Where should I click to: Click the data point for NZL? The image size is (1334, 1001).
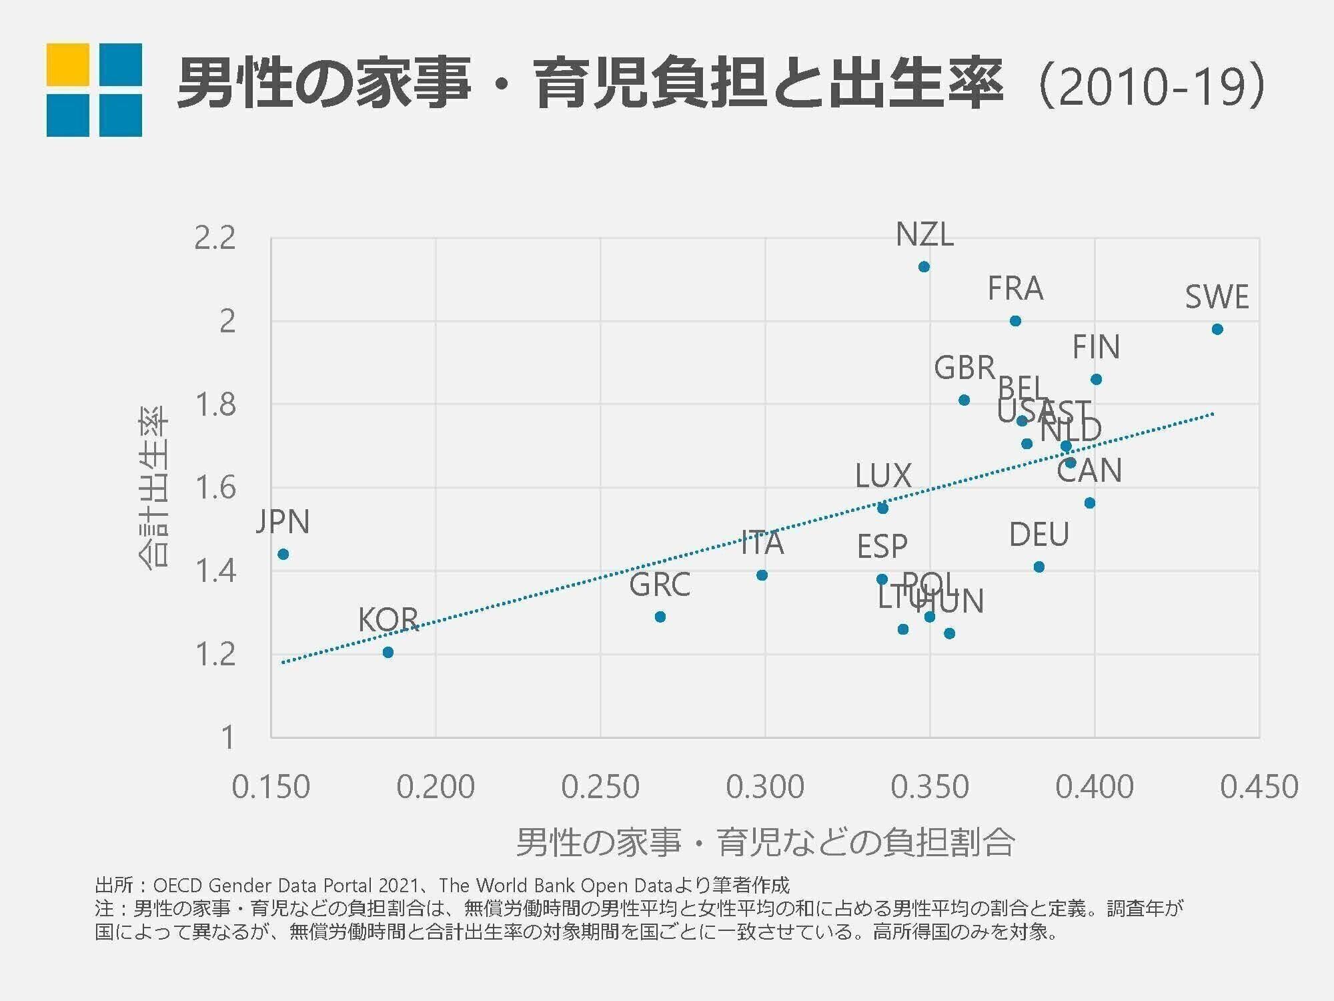924,267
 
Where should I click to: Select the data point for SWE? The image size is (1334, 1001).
1217,329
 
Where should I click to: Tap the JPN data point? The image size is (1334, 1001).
283,555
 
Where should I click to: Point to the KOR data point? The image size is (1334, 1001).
388,652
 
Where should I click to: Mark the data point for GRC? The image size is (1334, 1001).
660,617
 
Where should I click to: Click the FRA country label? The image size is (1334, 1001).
1015,289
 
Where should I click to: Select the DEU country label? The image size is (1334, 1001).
1039,535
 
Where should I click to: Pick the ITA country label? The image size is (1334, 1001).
762,544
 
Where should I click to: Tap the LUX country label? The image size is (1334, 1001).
883,476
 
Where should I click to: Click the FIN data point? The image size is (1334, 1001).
1096,380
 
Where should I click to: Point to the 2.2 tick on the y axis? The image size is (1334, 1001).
215,238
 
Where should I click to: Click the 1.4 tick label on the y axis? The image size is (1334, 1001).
215,571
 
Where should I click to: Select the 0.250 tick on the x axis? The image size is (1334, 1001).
600,787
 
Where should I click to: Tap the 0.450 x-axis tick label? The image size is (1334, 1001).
1259,787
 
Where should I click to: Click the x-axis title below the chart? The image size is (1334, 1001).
765,842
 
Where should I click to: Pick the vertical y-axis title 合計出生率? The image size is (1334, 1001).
154,487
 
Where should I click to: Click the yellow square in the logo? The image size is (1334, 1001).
67,65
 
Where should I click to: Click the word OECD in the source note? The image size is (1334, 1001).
178,886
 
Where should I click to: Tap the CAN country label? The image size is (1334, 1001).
1089,471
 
